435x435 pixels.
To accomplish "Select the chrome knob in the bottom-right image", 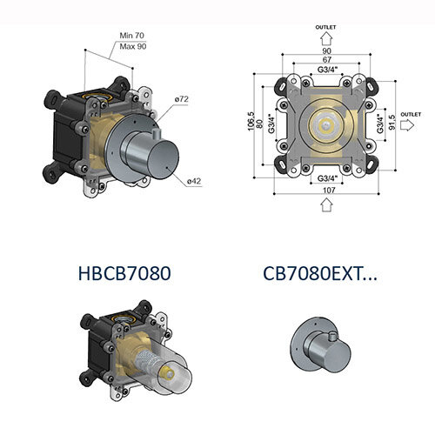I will click(x=324, y=349).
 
